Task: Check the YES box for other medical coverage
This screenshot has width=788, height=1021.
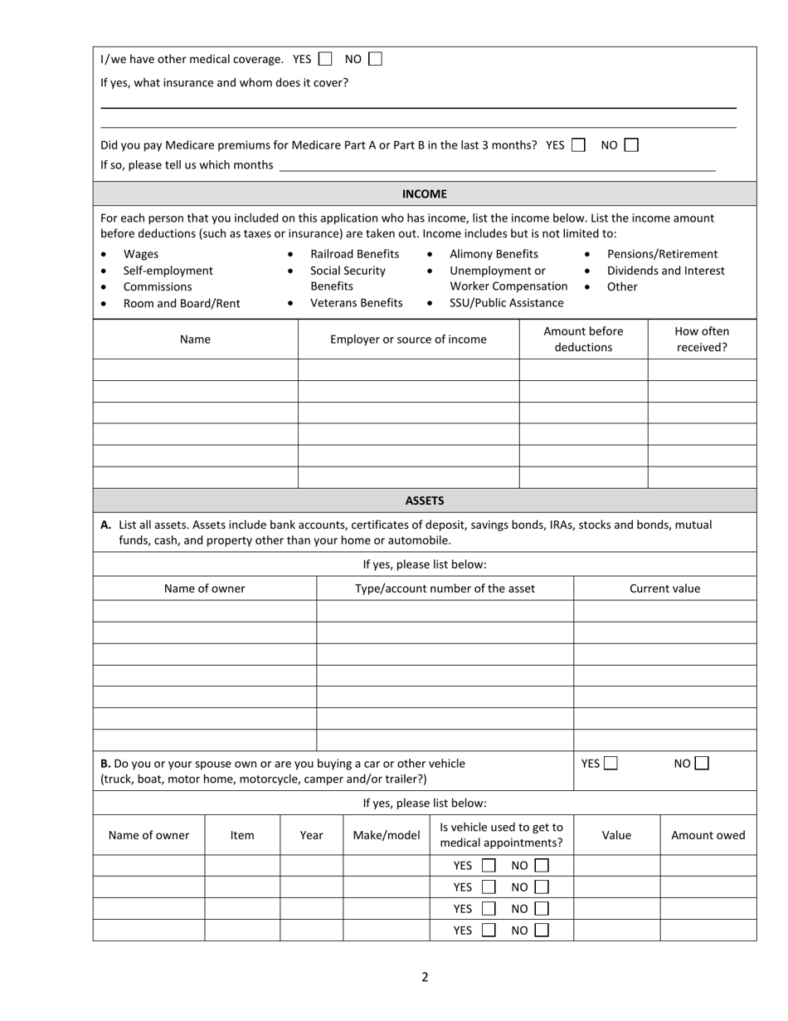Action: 325,59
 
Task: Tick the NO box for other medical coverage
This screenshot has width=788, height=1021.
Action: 376,59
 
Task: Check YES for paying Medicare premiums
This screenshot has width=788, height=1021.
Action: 578,144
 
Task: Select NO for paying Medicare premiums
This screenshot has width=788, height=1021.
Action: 631,144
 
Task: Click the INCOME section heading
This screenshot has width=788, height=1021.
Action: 424,193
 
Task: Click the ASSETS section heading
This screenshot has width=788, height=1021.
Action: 424,501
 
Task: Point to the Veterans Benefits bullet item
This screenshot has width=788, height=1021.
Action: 356,303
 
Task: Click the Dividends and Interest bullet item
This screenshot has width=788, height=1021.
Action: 665,271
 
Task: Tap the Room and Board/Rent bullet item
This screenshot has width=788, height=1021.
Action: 182,303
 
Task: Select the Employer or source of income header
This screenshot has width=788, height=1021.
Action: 408,339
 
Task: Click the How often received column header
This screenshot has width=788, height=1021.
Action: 702,339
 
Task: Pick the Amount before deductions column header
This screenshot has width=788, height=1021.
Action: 583,339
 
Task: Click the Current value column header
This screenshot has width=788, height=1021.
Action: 664,589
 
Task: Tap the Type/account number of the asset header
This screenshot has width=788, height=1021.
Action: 445,589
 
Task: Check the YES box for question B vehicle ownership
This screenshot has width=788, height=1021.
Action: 611,764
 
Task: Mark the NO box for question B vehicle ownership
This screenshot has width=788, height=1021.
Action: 702,764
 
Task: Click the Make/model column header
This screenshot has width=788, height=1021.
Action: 386,835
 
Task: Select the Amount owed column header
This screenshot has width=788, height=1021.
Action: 708,835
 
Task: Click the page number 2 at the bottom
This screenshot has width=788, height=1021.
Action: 425,977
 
